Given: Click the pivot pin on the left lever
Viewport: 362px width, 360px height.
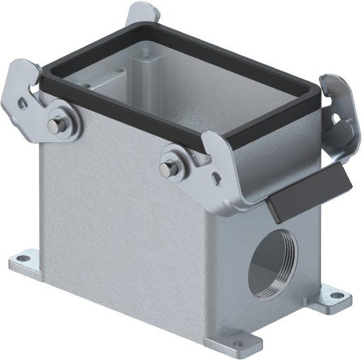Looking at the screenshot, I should [x=53, y=125].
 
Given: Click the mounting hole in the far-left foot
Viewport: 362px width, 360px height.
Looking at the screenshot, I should [x=23, y=258].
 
